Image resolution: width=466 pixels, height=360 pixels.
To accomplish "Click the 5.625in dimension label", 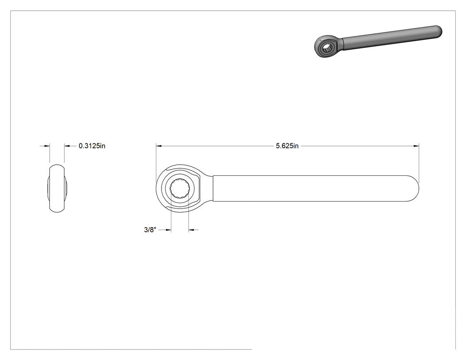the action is [x=287, y=146].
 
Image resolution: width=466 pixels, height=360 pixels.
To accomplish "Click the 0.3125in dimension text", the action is [x=92, y=146].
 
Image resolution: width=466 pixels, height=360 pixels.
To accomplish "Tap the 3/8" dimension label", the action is [x=150, y=230].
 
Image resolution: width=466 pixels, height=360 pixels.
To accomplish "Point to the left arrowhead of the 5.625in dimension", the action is [x=159, y=146].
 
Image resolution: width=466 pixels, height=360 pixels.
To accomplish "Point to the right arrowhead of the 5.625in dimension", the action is [x=416, y=146].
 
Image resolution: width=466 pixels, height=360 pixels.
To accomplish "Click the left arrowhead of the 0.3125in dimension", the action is [x=47, y=146].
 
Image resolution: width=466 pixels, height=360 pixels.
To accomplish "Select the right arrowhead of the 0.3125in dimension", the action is [x=67, y=146].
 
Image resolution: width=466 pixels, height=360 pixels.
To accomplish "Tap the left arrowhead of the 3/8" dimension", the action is [x=168, y=230].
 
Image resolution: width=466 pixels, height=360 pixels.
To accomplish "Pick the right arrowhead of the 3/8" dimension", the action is [x=191, y=230].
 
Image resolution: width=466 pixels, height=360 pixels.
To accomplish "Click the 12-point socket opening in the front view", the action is [x=180, y=188].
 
